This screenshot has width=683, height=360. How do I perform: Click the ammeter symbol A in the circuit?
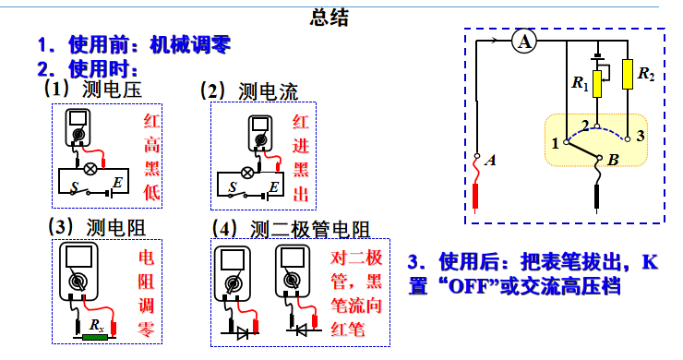pos(523,41)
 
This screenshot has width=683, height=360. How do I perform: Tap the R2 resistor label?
pos(646,73)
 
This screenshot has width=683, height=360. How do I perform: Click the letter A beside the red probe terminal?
pos(491,160)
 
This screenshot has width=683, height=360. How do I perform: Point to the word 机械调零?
pos(189,43)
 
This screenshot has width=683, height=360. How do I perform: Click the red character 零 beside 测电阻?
pos(148,330)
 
